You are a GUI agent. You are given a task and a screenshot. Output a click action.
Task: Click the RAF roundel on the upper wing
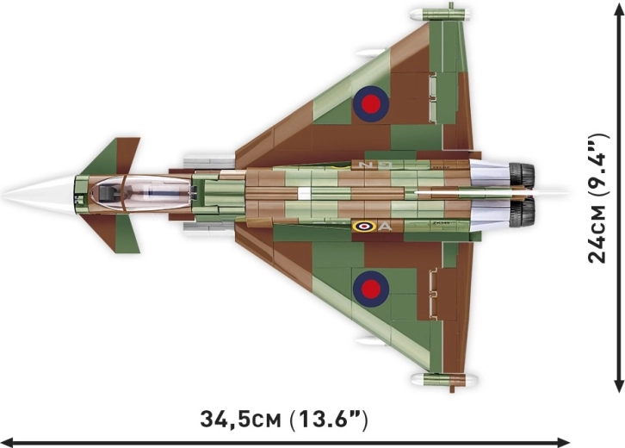(371, 104)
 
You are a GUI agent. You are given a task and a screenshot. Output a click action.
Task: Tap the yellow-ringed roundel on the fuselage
(364, 227)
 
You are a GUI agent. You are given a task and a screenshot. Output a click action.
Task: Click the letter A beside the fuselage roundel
(385, 227)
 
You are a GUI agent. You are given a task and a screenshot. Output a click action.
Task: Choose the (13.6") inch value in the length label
(330, 420)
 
